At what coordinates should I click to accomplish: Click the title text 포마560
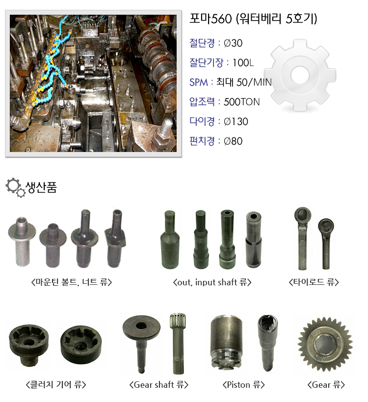point(210,19)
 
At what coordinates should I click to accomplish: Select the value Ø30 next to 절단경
point(233,43)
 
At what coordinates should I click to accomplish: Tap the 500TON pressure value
point(241,102)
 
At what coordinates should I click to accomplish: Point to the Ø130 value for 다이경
point(236,122)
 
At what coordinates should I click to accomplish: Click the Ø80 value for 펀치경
point(233,141)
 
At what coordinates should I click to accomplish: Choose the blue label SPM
point(198,82)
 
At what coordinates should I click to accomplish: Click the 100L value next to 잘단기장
point(243,63)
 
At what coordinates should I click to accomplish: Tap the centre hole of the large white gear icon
point(300,75)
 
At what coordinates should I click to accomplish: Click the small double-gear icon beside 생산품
point(16,188)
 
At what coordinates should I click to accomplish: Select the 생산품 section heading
point(41,187)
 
